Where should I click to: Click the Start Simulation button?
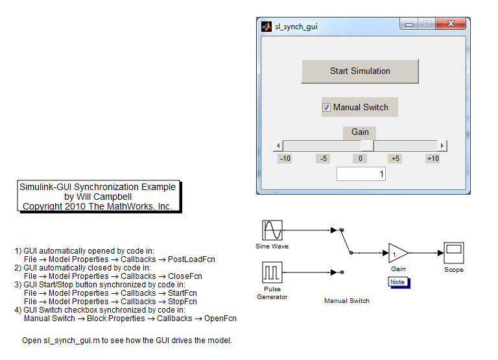pyautogui.click(x=360, y=71)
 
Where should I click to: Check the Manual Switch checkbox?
pyautogui.click(x=327, y=107)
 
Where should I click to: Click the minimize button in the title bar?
pyautogui.click(x=409, y=25)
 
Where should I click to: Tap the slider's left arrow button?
pyautogui.click(x=278, y=146)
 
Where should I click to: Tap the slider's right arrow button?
pyautogui.click(x=442, y=146)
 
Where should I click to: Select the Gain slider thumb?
pyautogui.click(x=367, y=146)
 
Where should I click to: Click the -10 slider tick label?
pyautogui.click(x=285, y=158)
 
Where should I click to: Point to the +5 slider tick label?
pyautogui.click(x=395, y=158)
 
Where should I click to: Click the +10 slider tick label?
pyautogui.click(x=433, y=158)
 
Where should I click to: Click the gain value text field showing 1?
pyautogui.click(x=361, y=174)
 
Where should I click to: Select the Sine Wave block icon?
pyautogui.click(x=272, y=230)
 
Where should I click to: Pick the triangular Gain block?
pyautogui.click(x=397, y=254)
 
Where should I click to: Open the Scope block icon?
pyautogui.click(x=454, y=253)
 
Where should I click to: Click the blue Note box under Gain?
pyautogui.click(x=397, y=282)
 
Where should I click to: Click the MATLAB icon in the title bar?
pyautogui.click(x=266, y=27)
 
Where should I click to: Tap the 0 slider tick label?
pyautogui.click(x=360, y=158)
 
